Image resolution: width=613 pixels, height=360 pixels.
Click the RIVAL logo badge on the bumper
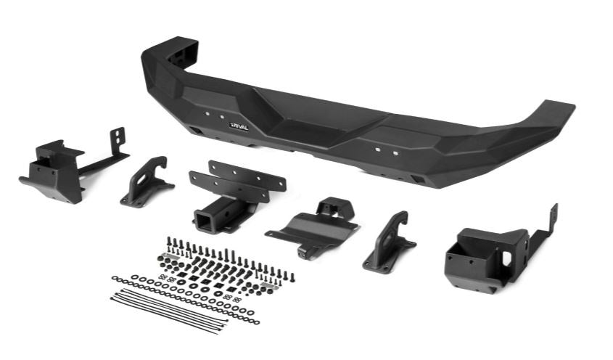(239, 126)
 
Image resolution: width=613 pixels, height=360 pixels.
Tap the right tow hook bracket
(388, 242)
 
